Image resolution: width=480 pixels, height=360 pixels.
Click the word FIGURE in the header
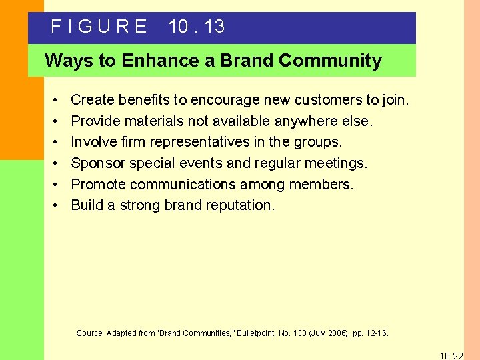99,27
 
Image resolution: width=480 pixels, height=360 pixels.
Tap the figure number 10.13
197,27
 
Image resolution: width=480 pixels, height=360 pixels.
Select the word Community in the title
330,61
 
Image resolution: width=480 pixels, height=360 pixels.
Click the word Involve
94,142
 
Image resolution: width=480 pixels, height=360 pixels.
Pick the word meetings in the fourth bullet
339,163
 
